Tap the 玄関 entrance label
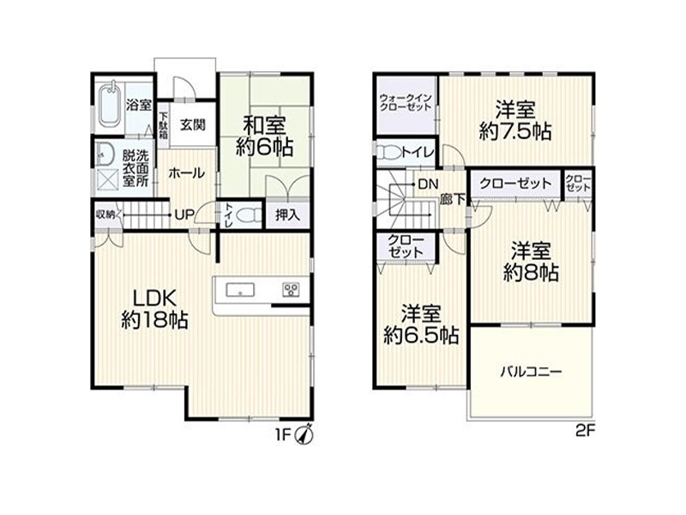coord(192,125)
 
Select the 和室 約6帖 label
coord(264,136)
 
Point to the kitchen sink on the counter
coord(240,290)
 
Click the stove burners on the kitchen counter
coord(291,289)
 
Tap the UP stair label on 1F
coord(184,215)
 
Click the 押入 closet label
coord(287,215)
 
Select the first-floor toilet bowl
coord(249,215)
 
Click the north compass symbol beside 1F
coord(304,434)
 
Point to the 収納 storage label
coord(105,215)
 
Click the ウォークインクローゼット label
coord(406,102)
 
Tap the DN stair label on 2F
coord(428,185)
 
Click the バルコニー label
coord(531,372)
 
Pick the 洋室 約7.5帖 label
coord(515,120)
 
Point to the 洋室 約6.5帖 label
coord(421,324)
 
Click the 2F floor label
coord(585,432)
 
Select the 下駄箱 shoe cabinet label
coord(163,125)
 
